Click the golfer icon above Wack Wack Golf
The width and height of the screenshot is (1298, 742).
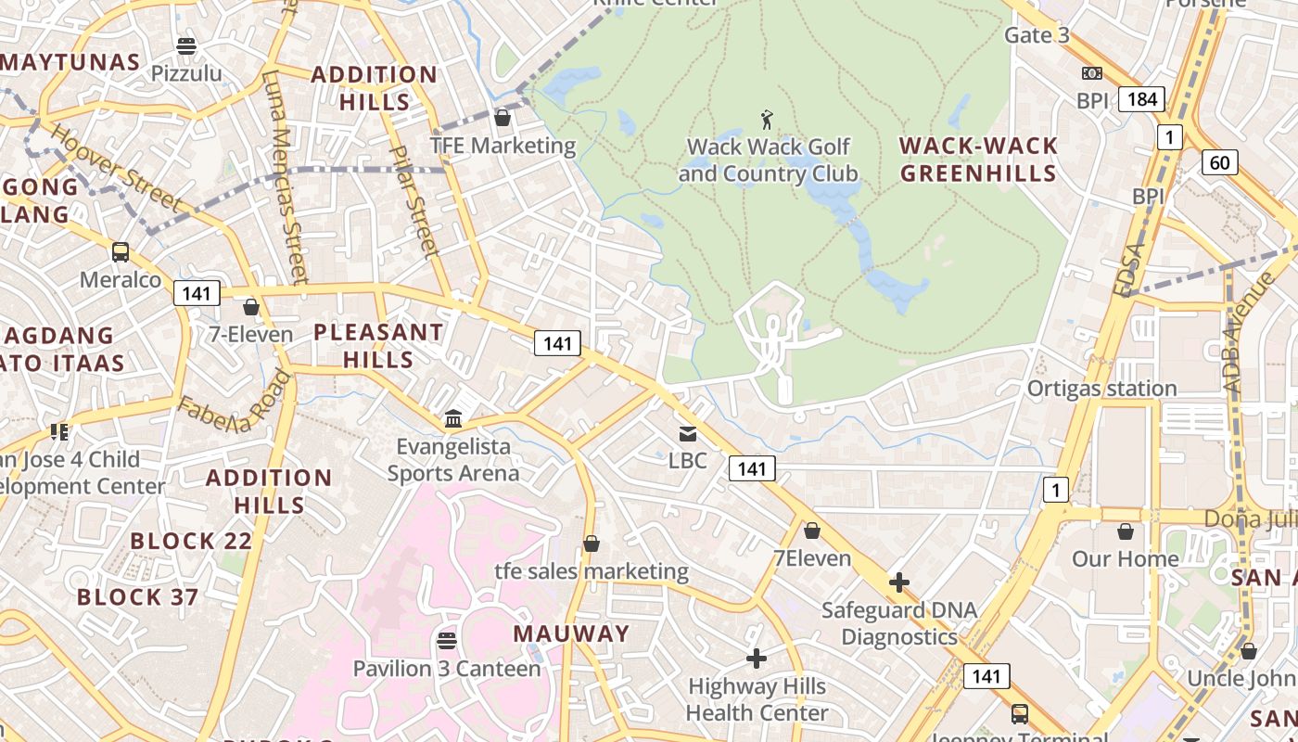pos(767,119)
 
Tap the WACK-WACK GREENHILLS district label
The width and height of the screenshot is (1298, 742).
pos(978,160)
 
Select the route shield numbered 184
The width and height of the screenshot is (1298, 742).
pos(1140,99)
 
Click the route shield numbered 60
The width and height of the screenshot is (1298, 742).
pos(1220,163)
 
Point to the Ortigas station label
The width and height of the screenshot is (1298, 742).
pos(1101,389)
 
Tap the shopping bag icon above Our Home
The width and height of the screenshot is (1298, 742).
pos(1125,531)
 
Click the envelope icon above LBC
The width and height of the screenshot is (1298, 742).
pos(687,433)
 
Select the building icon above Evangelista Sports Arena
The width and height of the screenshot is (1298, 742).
pos(453,419)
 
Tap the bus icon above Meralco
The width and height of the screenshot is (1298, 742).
pos(121,252)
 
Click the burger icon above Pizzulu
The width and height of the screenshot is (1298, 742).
pos(186,45)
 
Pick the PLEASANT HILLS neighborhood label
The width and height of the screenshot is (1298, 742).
pos(378,345)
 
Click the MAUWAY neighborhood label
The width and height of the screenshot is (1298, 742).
pos(572,633)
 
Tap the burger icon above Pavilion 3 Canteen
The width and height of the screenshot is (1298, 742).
pos(447,641)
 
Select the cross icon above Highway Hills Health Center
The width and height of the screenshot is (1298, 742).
pos(757,659)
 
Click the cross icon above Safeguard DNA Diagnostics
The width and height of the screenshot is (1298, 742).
pos(898,582)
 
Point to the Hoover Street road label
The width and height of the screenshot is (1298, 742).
pos(116,167)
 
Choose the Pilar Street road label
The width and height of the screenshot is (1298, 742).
pos(413,200)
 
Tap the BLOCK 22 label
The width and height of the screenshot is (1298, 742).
pos(185,541)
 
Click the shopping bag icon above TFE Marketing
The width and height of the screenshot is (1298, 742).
pos(503,118)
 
